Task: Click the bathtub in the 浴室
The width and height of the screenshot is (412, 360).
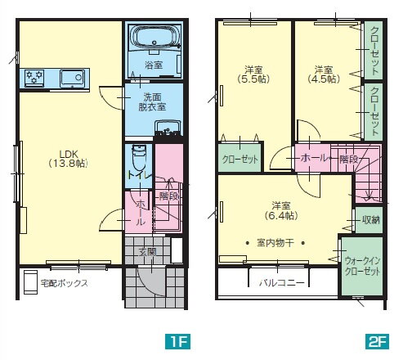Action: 155,37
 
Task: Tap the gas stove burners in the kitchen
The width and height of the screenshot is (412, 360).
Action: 34,78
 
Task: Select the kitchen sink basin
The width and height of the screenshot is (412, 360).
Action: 72,78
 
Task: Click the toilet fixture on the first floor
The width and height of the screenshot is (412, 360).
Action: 139,159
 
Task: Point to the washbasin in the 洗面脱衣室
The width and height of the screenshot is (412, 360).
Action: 168,128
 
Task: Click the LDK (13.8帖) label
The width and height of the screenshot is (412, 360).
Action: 69,159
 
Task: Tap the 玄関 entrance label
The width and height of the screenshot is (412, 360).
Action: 148,252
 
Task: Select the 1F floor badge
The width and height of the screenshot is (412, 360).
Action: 177,341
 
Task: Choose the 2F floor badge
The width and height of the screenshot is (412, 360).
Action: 377,341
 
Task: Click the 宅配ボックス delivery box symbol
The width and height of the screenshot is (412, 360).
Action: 30,282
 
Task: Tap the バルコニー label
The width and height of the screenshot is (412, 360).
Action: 281,283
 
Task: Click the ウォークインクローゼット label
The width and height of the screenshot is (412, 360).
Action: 362,266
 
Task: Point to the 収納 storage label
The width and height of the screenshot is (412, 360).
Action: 371,220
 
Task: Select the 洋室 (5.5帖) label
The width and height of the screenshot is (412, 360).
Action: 253,74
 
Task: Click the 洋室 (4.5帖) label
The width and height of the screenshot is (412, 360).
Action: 324,74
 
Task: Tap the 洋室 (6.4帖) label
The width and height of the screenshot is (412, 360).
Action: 281,210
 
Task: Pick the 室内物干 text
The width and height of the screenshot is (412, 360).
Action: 275,242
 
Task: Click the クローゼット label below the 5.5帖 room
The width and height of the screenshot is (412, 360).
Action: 240,160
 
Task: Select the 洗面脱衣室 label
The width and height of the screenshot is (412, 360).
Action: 152,101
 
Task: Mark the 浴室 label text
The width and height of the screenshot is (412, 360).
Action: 154,65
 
